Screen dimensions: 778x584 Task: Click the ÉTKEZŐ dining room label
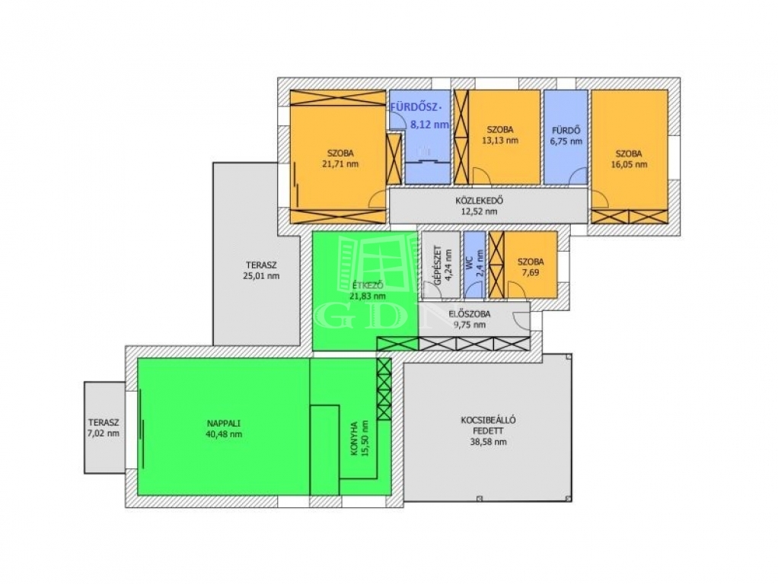367,286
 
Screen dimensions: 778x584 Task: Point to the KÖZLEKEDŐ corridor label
480,201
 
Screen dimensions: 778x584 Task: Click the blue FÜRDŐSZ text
416,107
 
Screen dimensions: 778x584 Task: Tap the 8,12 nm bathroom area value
429,125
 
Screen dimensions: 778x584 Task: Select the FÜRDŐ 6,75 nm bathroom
566,136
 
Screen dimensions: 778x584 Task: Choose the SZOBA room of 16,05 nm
629,157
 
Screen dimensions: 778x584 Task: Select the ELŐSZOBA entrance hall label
470,314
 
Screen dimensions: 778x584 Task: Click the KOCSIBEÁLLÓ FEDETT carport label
488,425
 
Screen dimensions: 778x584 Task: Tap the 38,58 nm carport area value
488,442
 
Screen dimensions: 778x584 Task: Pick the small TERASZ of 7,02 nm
104,427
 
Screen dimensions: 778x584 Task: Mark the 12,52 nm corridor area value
479,211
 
